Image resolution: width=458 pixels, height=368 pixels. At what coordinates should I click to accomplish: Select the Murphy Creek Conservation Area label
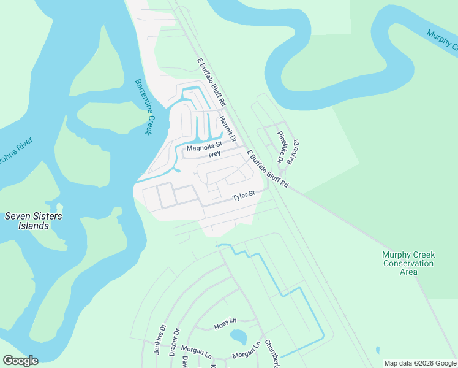click(x=408, y=263)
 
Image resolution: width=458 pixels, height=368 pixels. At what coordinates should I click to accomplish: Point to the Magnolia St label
click(x=204, y=147)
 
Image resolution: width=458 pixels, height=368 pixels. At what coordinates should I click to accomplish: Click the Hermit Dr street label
click(x=227, y=130)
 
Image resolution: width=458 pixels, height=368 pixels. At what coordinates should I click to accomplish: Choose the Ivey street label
click(x=214, y=154)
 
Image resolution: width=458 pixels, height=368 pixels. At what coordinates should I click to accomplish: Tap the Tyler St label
click(x=243, y=197)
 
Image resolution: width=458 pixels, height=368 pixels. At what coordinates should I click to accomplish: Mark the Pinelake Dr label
click(x=280, y=147)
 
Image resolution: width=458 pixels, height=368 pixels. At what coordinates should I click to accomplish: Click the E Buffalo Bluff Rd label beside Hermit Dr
click(x=212, y=82)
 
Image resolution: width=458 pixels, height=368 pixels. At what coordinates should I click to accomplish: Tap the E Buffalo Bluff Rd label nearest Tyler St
click(x=267, y=169)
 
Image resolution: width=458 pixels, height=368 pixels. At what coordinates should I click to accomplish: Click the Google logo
click(x=20, y=361)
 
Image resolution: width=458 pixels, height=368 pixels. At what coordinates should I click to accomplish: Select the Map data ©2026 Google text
click(x=419, y=363)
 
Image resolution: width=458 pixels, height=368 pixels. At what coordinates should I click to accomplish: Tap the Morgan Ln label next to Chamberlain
click(x=246, y=355)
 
